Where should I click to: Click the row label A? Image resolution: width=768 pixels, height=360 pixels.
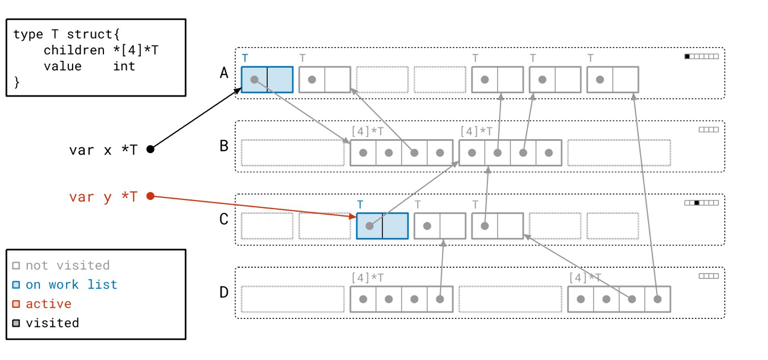[x=224, y=73]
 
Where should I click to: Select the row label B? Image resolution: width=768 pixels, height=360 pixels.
[x=224, y=146]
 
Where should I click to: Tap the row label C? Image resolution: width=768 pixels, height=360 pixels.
[x=224, y=219]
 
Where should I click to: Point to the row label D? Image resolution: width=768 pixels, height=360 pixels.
[x=224, y=292]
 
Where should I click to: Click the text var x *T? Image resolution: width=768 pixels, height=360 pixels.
[x=103, y=150]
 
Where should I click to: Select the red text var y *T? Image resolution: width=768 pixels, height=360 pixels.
[x=103, y=197]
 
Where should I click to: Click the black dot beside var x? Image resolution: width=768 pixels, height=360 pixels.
[x=150, y=149]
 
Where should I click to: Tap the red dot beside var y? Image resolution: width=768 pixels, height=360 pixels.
[x=150, y=196]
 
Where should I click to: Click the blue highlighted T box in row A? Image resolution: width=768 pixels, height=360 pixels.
[x=267, y=79]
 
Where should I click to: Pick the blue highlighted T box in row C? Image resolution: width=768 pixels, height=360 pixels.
[x=382, y=226]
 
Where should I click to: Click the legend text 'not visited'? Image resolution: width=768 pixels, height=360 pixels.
[x=67, y=265]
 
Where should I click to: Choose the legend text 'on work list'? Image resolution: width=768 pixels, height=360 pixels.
[x=71, y=284]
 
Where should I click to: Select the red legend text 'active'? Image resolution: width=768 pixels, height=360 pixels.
[x=49, y=303]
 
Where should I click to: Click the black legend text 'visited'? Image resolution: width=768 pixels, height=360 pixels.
[x=52, y=323]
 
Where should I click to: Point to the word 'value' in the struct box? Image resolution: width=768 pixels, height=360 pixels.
[x=62, y=66]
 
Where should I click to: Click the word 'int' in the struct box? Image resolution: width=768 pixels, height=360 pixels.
[x=124, y=66]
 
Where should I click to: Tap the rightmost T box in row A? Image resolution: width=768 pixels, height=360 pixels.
[x=612, y=79]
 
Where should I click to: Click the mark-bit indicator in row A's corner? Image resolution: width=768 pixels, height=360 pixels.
[x=701, y=57]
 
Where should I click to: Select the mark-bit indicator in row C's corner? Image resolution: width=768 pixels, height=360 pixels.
[x=701, y=203]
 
